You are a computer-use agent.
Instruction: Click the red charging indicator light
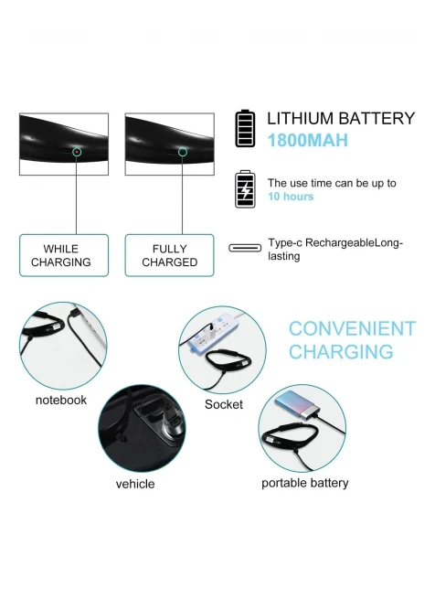[77, 152]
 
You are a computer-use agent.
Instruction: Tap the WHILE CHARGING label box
[64, 255]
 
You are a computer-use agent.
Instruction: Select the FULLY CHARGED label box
[170, 255]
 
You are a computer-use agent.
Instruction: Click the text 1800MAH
[308, 140]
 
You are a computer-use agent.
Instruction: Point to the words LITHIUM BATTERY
[341, 118]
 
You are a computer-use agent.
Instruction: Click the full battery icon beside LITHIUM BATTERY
[245, 128]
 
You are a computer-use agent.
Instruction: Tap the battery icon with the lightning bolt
[245, 189]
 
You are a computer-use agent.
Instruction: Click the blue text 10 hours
[291, 197]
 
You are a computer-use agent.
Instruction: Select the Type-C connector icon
[245, 249]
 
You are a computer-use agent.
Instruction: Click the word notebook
[61, 400]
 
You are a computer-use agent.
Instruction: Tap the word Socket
[223, 404]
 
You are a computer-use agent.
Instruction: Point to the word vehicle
[135, 484]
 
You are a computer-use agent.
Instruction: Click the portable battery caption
[304, 483]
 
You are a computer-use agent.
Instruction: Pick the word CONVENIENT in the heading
[352, 328]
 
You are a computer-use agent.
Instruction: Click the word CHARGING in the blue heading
[341, 352]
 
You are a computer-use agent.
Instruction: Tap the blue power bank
[296, 407]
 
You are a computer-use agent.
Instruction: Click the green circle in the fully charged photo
[183, 152]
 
